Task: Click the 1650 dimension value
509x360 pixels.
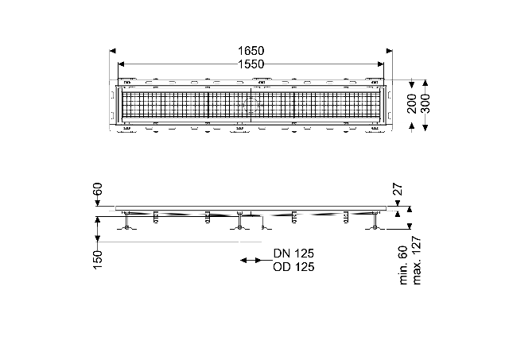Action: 251,51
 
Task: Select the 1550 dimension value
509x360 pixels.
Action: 251,64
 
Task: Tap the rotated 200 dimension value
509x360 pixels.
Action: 412,104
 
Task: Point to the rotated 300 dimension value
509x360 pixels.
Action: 425,104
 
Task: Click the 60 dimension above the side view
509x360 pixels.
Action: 98,189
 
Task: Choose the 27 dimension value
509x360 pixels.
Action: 398,189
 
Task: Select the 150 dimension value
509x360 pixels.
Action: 98,259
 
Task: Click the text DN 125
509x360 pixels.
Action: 293,253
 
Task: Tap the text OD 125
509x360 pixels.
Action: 293,267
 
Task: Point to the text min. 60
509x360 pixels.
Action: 403,265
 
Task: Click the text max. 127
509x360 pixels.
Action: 417,261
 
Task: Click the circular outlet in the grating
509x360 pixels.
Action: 251,105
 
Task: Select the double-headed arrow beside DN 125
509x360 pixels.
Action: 251,260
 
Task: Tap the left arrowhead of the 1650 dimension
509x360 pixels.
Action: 113,51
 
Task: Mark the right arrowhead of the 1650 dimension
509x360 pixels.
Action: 389,51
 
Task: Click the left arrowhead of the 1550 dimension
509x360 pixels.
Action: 121,64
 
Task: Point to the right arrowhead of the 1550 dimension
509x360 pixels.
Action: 380,64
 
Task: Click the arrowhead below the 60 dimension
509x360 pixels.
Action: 98,203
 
